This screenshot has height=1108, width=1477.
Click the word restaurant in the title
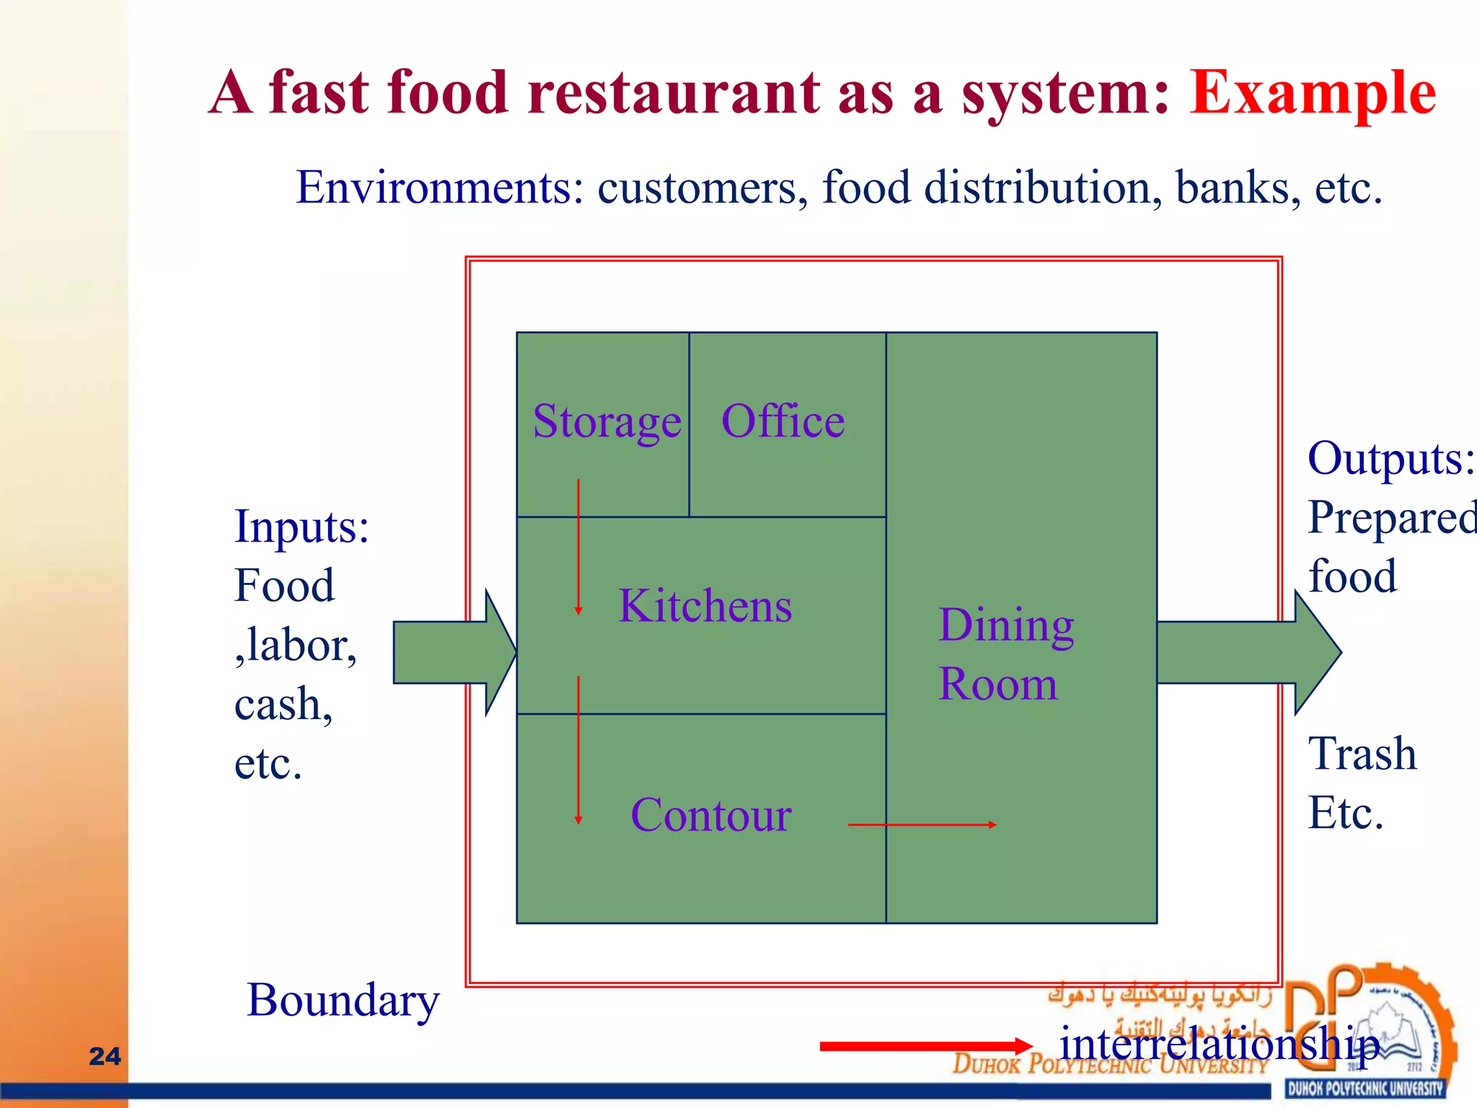[674, 94]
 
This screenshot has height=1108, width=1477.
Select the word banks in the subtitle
[1238, 188]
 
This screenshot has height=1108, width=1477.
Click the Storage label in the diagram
[607, 422]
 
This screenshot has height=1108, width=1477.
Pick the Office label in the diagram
[783, 421]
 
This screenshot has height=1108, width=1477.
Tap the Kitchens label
[705, 606]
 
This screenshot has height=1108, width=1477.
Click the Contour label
[711, 816]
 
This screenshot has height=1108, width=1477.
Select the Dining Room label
[1005, 654]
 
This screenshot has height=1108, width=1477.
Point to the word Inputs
[301, 527]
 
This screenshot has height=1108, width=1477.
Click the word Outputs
[1390, 459]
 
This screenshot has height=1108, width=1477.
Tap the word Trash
[1362, 755]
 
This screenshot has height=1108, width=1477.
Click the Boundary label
[343, 1001]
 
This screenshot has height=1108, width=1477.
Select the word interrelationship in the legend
[1219, 1045]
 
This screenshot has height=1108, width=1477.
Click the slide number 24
[105, 1056]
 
